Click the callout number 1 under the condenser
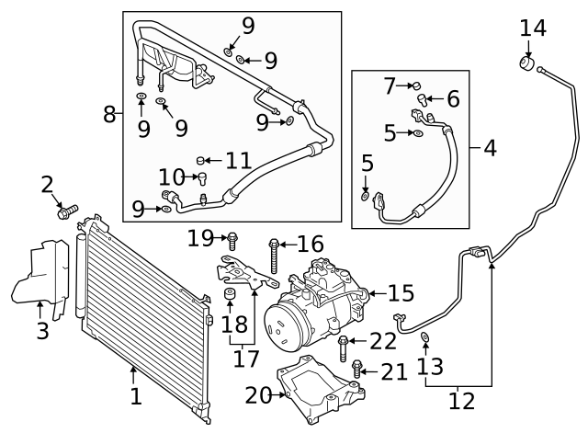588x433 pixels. coord(135,397)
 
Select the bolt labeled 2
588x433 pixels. coord(65,212)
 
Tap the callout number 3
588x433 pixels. coord(42,330)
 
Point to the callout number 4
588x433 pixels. coord(490,147)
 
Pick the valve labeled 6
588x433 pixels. coord(424,99)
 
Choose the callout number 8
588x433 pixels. coord(110,115)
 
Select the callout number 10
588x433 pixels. coord(172,177)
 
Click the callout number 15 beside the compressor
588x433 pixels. coord(401,293)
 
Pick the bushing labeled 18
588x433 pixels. coord(231,295)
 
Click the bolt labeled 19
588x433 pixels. coord(232,240)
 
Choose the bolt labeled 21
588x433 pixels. coord(358,371)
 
